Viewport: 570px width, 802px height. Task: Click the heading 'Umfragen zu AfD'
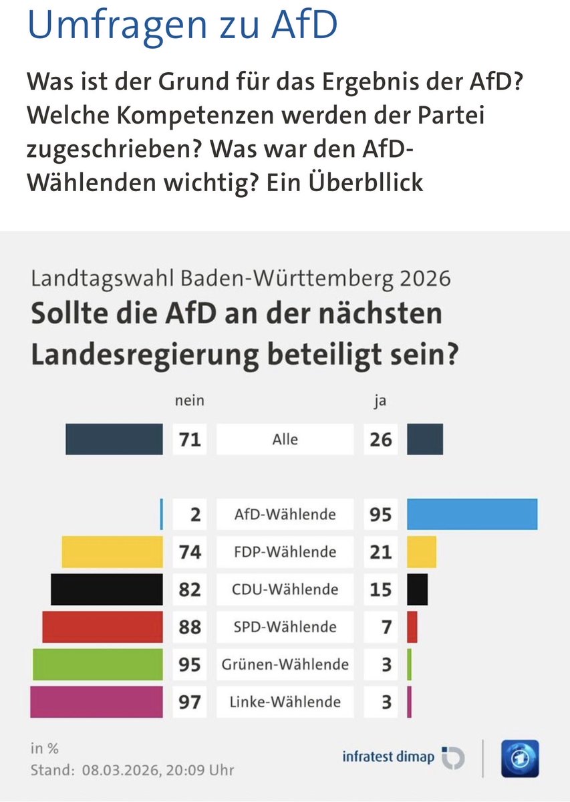182,25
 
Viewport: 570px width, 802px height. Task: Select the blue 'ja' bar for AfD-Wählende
472,515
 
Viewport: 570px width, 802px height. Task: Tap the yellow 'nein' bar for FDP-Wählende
112,552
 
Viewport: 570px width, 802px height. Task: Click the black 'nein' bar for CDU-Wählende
107,589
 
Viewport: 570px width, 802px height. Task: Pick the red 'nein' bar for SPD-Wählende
102,627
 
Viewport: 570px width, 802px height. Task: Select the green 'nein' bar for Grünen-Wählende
98,664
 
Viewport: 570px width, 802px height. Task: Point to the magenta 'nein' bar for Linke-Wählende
96,702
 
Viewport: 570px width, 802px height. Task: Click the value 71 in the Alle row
190,440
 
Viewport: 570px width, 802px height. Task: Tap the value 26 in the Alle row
380,440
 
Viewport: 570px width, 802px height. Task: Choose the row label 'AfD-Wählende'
285,515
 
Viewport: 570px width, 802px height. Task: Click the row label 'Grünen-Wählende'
285,664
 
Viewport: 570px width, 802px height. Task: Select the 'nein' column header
189,402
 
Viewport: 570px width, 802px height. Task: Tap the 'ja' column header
380,402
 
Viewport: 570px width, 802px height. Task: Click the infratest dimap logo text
388,757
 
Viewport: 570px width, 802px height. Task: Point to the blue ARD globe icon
520,759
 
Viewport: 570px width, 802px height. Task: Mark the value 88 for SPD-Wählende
190,627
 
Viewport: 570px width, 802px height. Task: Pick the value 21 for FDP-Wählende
380,552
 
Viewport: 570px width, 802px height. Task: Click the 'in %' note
45,748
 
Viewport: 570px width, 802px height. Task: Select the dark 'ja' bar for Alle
424,440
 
